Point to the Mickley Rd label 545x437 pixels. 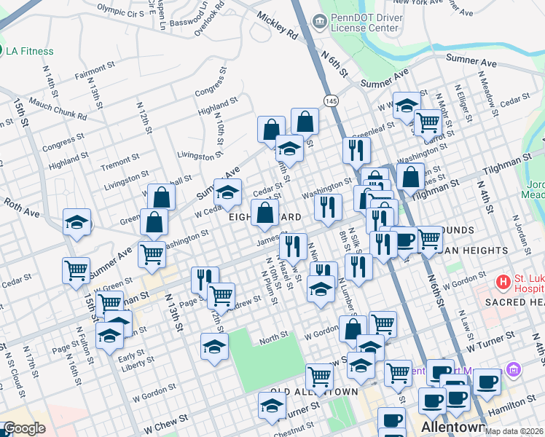[277, 28]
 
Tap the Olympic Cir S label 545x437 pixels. [120, 12]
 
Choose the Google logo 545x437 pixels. [24, 428]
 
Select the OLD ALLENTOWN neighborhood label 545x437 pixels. [313, 392]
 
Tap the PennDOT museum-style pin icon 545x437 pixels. [319, 22]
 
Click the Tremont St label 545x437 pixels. [115, 165]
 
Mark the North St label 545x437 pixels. [274, 336]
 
